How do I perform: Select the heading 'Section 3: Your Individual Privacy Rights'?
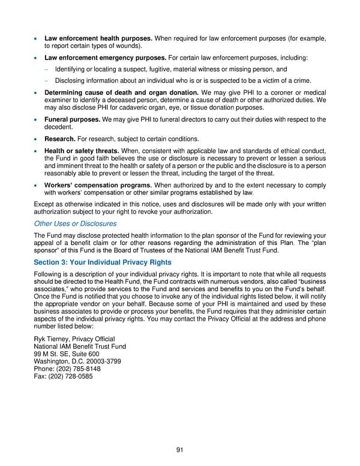pos(103,262)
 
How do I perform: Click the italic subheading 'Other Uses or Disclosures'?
pos(75,223)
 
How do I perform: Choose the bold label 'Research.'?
pos(60,139)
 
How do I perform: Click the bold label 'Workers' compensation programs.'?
pos(98,186)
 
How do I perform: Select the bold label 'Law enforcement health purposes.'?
pos(99,39)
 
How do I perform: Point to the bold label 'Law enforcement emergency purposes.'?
pos(106,58)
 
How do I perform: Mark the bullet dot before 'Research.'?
pos(37,139)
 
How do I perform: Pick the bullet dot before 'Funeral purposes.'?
pos(37,120)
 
